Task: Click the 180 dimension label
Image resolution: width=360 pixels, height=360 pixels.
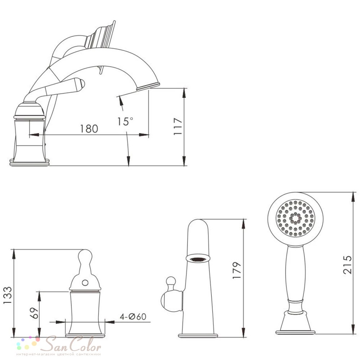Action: click(89, 129)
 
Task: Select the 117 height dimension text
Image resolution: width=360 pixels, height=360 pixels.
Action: click(178, 126)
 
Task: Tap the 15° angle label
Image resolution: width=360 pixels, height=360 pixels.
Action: click(125, 121)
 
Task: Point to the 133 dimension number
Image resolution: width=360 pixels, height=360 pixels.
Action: click(8, 295)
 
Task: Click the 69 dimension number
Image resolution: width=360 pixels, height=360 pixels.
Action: click(35, 313)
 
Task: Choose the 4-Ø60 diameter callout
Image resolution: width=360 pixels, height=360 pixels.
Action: click(133, 316)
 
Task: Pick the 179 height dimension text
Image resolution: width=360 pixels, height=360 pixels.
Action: click(237, 270)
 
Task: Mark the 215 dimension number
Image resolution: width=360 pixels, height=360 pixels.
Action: click(347, 265)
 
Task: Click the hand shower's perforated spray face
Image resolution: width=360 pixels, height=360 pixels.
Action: click(295, 219)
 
